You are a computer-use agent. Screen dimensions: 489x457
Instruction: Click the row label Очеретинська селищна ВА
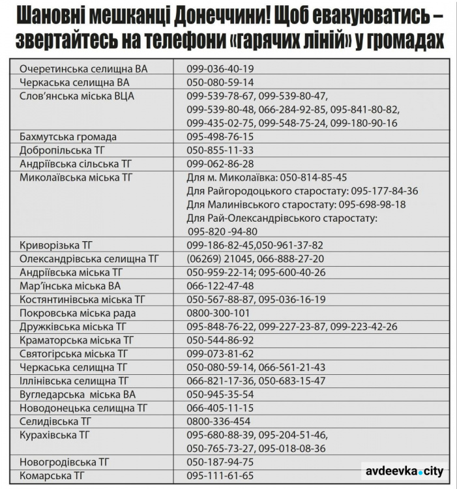(x=83, y=68)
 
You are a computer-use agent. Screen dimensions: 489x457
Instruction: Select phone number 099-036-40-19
(x=220, y=68)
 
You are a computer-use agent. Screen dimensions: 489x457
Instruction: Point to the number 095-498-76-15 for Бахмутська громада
(x=220, y=137)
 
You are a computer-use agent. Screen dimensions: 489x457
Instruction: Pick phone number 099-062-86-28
(x=220, y=164)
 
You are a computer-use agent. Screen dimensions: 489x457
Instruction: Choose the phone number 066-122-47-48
(x=220, y=286)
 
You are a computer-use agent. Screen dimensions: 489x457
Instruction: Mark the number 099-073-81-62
(x=220, y=354)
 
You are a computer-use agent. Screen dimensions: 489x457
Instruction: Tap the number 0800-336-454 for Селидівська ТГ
(x=218, y=422)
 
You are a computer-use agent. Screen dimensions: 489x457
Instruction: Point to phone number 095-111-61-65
(x=220, y=476)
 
